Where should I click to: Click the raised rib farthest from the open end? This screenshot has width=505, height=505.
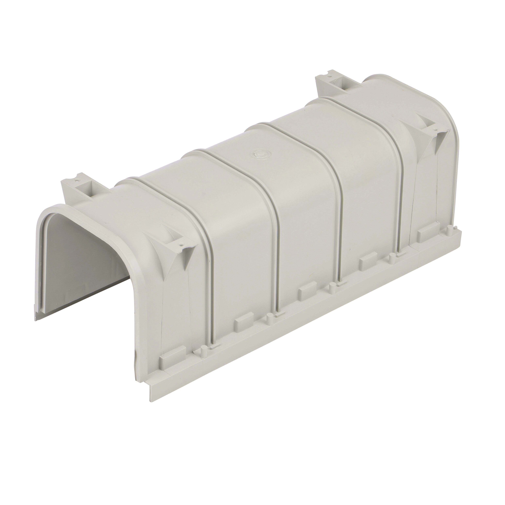click(400, 167)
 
